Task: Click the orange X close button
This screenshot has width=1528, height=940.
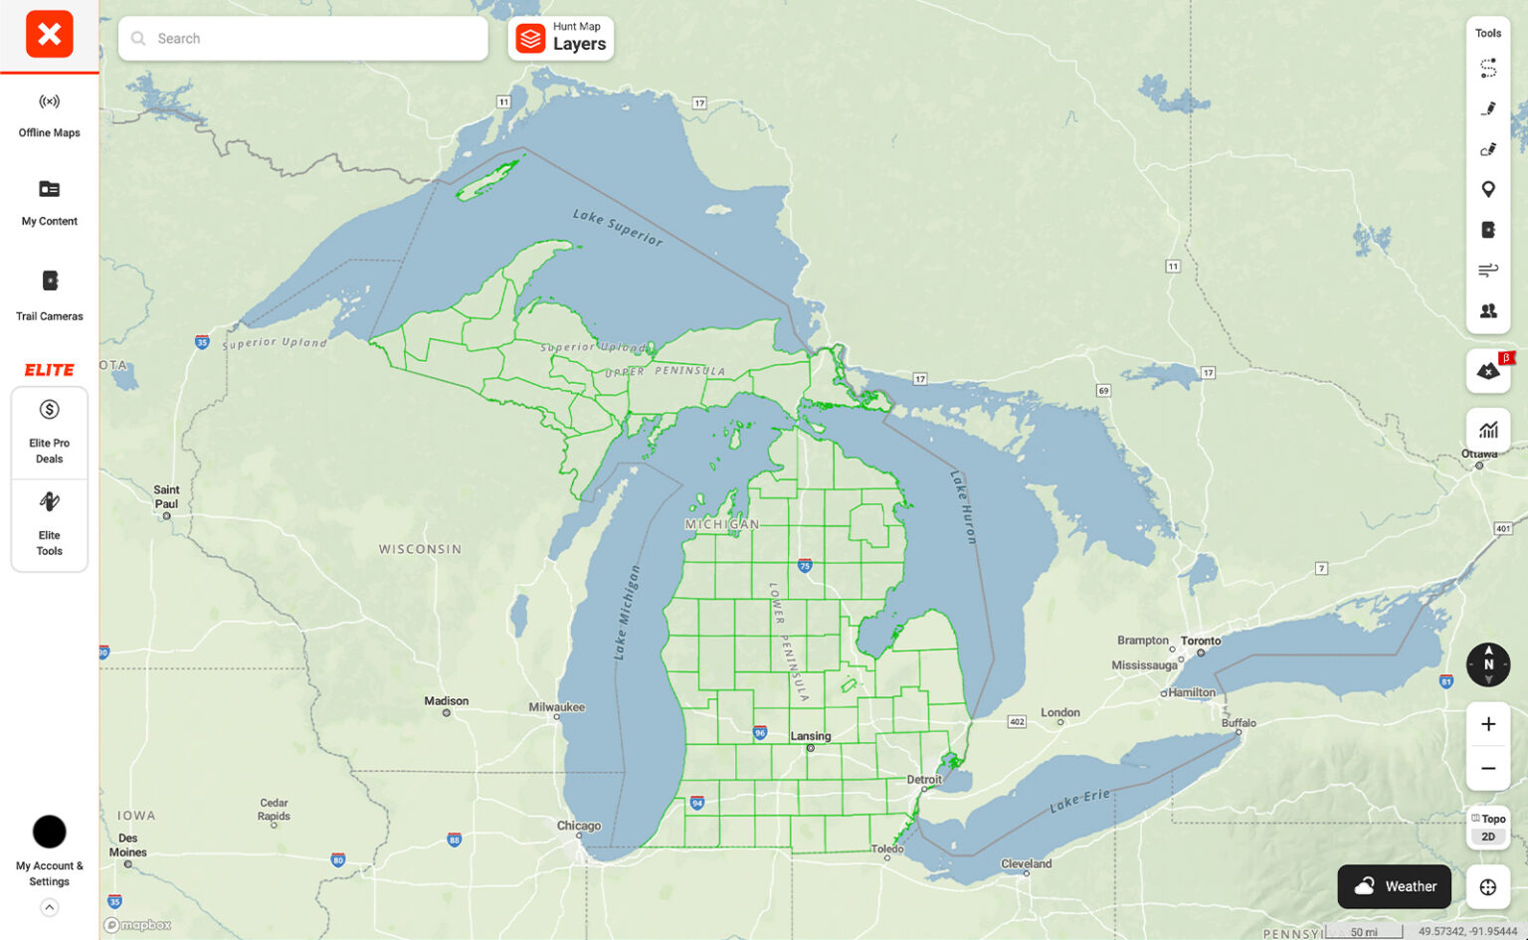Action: point(49,35)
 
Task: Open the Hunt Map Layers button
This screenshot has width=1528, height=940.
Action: point(561,39)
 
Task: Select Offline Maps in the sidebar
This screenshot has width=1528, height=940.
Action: point(49,113)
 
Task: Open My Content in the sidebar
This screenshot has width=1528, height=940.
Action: point(49,201)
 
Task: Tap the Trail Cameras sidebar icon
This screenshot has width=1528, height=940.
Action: point(49,293)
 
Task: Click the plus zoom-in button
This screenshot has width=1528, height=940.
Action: point(1488,724)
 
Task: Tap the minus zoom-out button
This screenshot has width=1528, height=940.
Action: point(1488,768)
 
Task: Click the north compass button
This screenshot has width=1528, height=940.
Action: point(1488,664)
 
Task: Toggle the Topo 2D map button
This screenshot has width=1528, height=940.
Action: point(1488,828)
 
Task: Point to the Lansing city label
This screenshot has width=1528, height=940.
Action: point(811,736)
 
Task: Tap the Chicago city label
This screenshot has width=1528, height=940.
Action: point(579,826)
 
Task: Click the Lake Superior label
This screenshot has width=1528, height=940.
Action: point(617,227)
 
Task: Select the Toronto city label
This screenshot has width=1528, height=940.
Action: point(1201,641)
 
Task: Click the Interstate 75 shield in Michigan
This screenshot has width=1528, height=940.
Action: point(805,565)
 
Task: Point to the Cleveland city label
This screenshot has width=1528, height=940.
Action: point(1027,863)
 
